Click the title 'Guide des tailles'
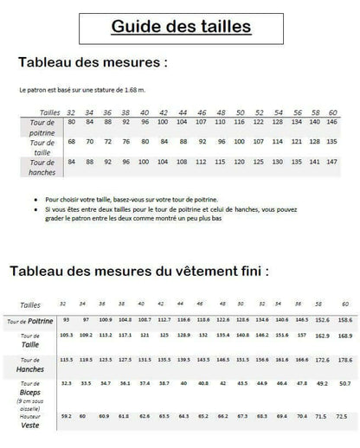[x=180, y=26]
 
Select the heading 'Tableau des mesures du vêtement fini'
[x=138, y=271]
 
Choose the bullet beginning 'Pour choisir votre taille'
[x=130, y=199]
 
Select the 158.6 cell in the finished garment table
[x=344, y=320]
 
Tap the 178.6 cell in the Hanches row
[x=344, y=359]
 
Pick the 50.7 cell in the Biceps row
[x=344, y=382]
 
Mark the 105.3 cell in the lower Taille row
[x=66, y=335]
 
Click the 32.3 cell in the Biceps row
[x=66, y=382]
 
